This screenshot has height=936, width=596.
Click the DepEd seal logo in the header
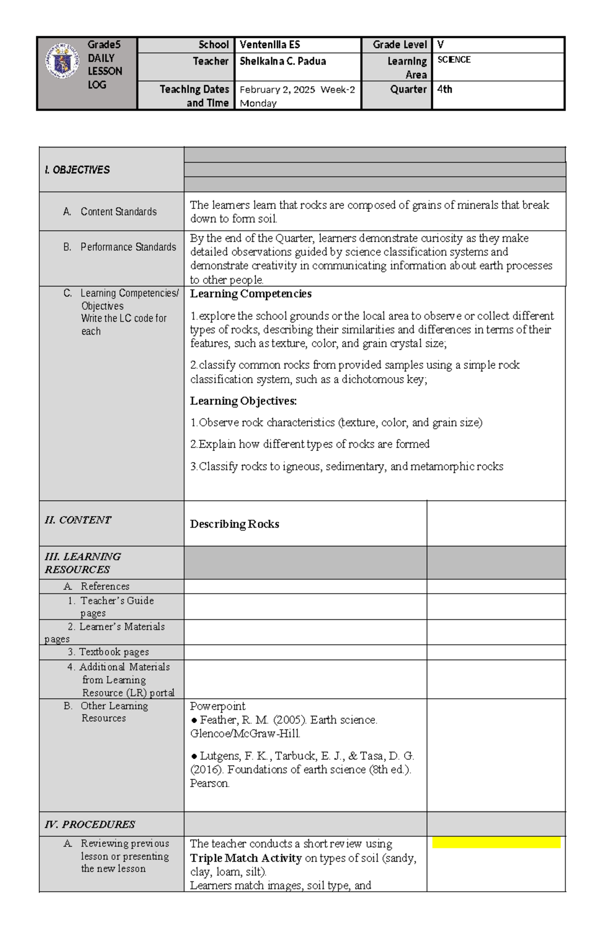(63, 61)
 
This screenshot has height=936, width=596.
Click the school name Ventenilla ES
(270, 45)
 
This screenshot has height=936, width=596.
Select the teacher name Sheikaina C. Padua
(283, 61)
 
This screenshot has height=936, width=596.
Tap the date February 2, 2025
(277, 90)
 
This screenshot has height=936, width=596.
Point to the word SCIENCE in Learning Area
(454, 60)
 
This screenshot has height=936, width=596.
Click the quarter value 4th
(445, 89)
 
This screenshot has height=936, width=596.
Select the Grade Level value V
(441, 45)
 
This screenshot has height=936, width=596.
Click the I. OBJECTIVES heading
(77, 170)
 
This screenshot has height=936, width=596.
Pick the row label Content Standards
(118, 212)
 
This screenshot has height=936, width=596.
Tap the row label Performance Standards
(128, 247)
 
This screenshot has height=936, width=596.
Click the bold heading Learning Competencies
(251, 294)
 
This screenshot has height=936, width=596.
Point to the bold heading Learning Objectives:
(243, 401)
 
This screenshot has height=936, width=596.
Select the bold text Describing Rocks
(234, 524)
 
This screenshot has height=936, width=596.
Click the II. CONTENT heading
(78, 520)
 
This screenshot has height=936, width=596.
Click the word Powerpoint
(218, 706)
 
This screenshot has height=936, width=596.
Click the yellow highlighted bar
(496, 843)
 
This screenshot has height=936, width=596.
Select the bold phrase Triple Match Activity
(246, 859)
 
